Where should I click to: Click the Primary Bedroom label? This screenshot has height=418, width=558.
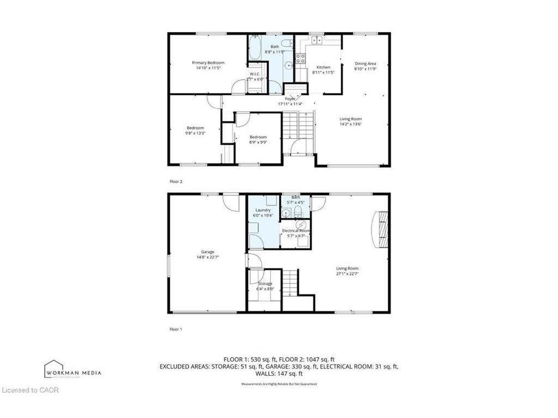click(x=208, y=63)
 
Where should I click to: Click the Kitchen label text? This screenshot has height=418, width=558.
click(x=323, y=67)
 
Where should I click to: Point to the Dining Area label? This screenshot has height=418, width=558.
click(x=365, y=64)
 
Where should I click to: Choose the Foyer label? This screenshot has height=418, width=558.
click(x=290, y=99)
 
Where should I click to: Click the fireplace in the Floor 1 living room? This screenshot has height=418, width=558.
click(x=381, y=228)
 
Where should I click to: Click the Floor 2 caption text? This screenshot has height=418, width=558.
click(x=175, y=181)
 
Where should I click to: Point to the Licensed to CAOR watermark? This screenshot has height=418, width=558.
click(x=30, y=390)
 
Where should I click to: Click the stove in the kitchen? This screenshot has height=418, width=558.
click(x=300, y=58)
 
